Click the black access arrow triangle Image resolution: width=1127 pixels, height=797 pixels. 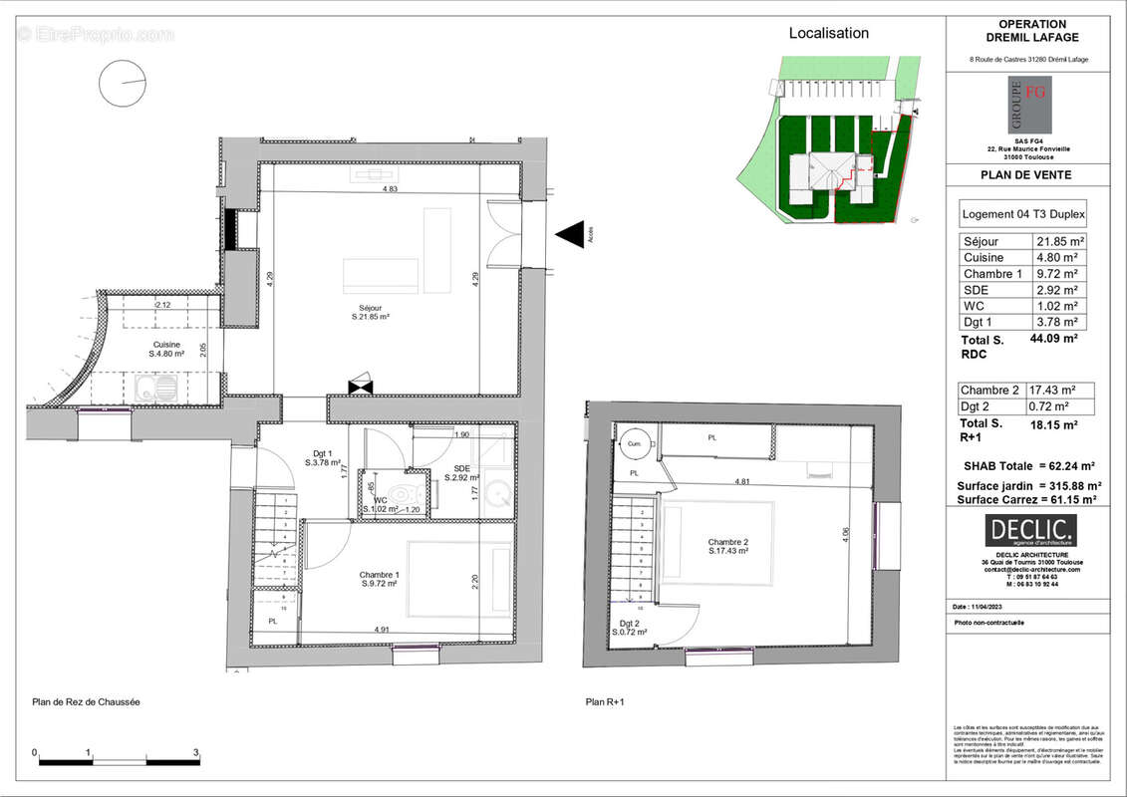tap(571, 235)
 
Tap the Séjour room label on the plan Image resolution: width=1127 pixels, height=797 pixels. tap(368, 312)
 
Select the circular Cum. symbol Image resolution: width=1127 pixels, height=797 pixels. tap(634, 443)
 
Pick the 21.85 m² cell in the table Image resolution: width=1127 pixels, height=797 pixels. tap(1058, 242)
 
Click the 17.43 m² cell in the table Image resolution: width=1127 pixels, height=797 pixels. tap(1058, 390)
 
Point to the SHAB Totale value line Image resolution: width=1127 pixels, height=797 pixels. tap(1029, 465)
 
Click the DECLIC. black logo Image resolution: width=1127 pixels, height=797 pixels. tap(1029, 531)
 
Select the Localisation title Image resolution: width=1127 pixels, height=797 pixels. tap(828, 33)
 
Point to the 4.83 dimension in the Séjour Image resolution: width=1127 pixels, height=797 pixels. tap(390, 188)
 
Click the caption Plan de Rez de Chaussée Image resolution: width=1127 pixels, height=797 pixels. tap(87, 702)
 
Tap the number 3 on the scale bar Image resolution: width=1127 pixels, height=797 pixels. tap(195, 752)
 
